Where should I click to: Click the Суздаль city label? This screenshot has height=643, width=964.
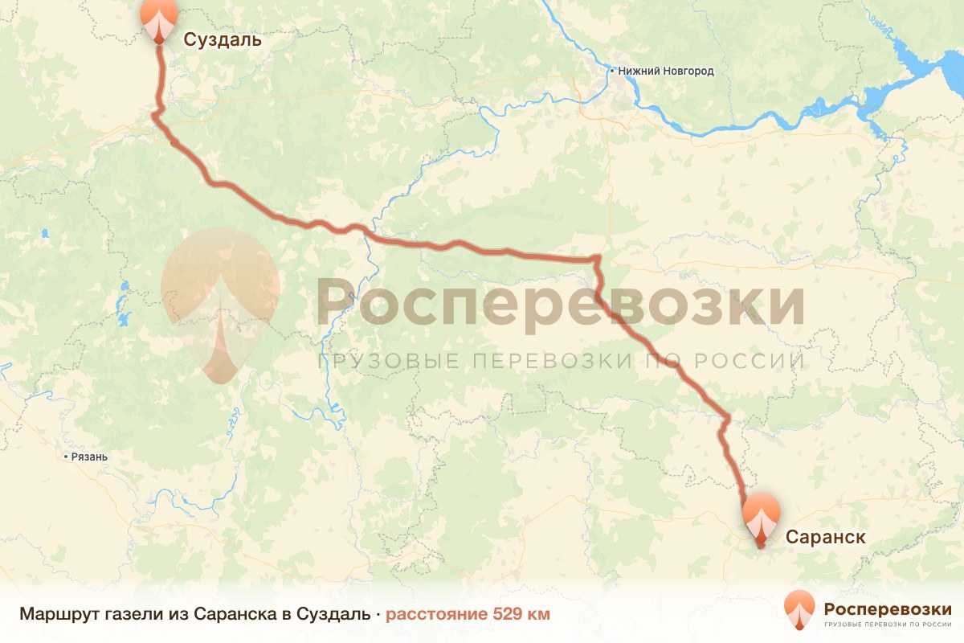(x=223, y=39)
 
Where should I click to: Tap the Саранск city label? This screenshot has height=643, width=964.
(x=825, y=537)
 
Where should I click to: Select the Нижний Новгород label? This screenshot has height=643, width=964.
(x=666, y=71)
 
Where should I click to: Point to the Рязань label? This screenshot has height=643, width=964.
(x=89, y=457)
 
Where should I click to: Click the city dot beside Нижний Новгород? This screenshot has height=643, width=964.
(x=612, y=71)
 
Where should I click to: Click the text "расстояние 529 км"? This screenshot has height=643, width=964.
(x=468, y=615)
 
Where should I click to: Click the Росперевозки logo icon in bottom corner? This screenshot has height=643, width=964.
(x=799, y=609)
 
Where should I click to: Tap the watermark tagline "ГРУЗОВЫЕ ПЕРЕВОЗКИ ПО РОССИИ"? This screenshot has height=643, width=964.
(x=561, y=361)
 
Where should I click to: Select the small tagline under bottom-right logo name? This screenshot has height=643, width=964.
(x=888, y=624)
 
